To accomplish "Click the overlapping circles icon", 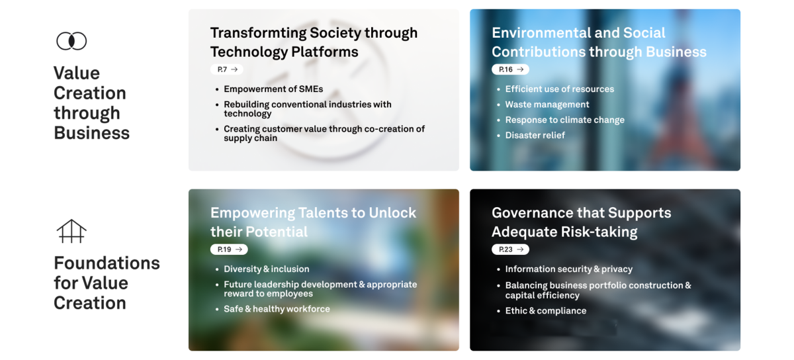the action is coord(71,41).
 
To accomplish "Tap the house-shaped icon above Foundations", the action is coord(71,231).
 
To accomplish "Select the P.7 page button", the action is coord(227,69).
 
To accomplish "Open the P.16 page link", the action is coord(510,69).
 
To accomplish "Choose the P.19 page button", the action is coord(229,249).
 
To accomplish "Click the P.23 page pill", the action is coord(510,249).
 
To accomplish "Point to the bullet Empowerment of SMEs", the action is coord(273,89).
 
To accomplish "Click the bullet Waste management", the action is coord(547,105).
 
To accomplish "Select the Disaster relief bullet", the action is coord(535,135).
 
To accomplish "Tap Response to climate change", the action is coord(564,120).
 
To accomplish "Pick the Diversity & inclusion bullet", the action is coord(266,269).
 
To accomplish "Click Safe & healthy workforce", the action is coord(277,309).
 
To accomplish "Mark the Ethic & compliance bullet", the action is coord(545,311).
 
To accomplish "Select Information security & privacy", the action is coord(568,269).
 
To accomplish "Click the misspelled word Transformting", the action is coord(258,33).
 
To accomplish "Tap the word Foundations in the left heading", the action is coord(107,263).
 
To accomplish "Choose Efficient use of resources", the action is coord(559,89).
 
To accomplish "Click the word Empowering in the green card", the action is coord(252,213).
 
